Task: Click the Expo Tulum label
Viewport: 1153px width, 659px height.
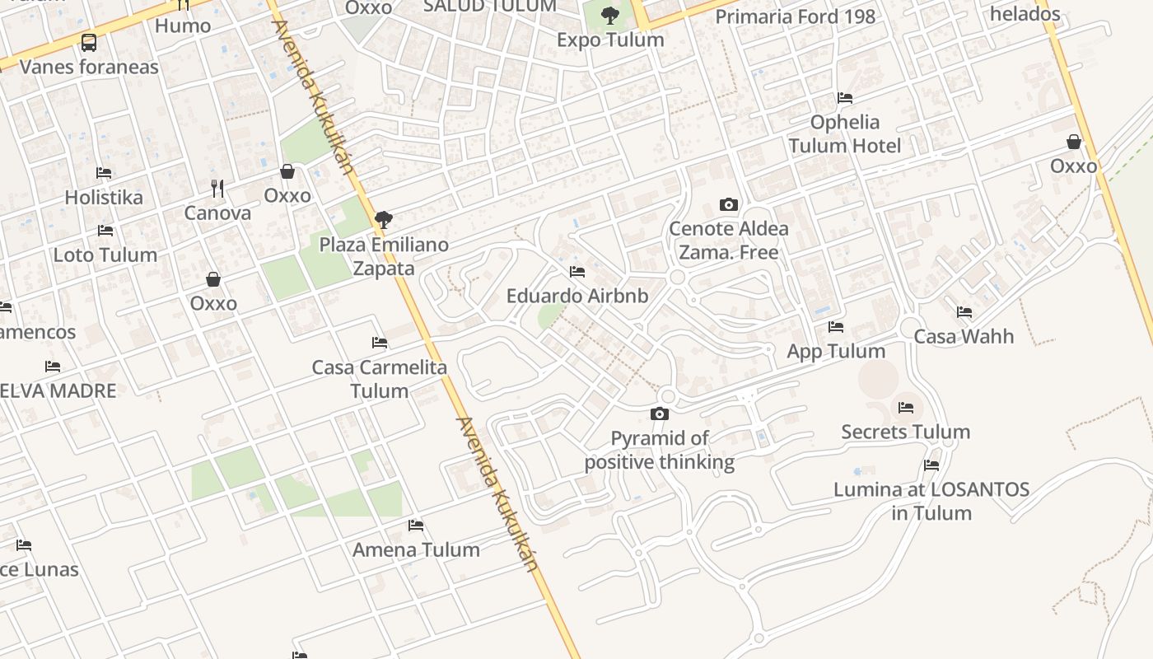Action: pos(610,40)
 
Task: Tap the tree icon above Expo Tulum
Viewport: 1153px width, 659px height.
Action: pos(610,15)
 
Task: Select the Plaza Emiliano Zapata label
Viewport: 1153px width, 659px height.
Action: pos(384,256)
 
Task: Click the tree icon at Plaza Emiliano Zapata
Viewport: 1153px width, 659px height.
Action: pos(382,220)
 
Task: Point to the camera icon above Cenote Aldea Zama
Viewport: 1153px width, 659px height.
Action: pos(729,204)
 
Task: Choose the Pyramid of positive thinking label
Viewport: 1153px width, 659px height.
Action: pos(660,450)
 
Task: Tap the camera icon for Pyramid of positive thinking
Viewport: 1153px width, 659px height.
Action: pos(660,414)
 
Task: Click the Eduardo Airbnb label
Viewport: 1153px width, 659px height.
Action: pos(577,296)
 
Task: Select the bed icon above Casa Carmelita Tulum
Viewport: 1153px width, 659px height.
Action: pos(380,342)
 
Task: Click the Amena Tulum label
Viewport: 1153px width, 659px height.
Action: pos(416,549)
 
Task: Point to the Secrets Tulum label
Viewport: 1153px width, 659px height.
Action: pos(905,432)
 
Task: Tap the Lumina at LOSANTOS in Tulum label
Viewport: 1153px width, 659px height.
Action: pos(931,501)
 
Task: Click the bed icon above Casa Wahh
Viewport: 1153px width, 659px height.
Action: pos(964,312)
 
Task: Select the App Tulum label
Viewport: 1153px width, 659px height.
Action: pos(836,351)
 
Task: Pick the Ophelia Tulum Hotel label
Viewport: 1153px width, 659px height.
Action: pos(845,134)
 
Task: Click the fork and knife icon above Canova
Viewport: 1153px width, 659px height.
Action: pos(217,189)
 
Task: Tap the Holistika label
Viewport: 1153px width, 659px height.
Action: pos(104,198)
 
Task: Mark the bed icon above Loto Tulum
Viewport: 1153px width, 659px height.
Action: pos(105,231)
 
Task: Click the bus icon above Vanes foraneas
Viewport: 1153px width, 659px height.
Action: pos(89,43)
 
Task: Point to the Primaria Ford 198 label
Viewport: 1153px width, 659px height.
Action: pos(795,16)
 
